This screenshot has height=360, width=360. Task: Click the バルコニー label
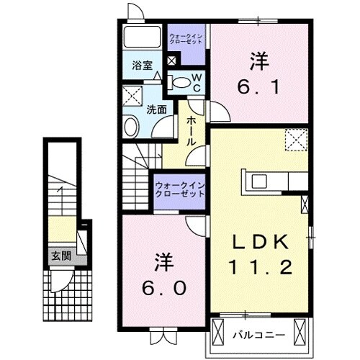[258, 334]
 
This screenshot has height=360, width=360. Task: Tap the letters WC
[196, 81]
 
